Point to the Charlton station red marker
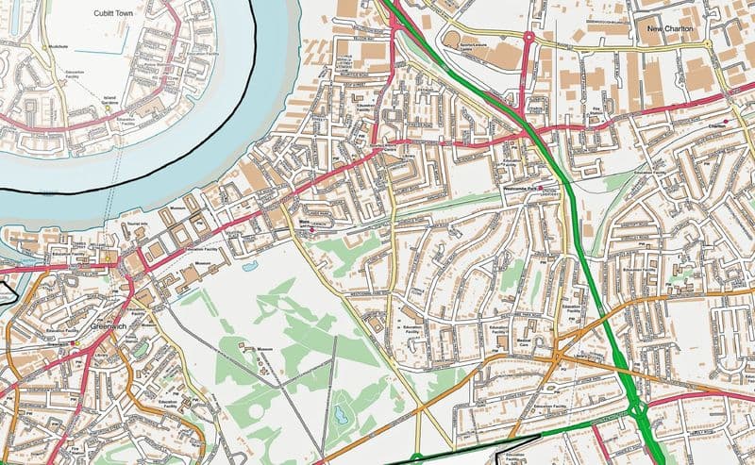coord(725,120)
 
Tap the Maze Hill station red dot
coord(312,227)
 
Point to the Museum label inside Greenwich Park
coord(264,350)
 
